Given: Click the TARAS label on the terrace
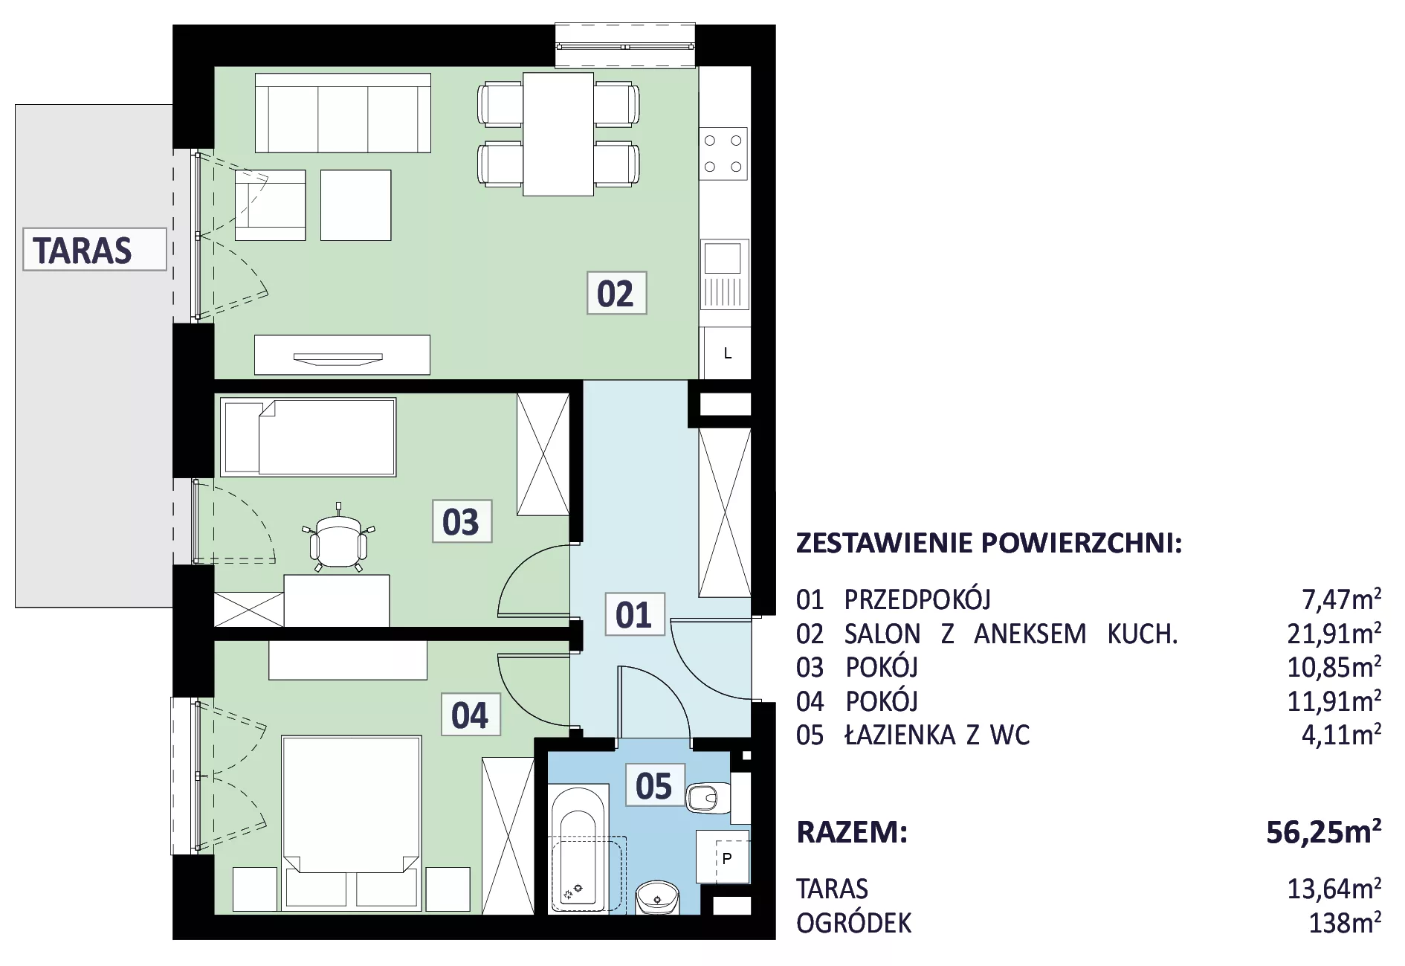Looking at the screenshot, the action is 94,249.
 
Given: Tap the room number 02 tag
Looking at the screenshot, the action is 616,293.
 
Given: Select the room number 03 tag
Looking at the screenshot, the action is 462,521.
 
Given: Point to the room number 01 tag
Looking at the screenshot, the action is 634,615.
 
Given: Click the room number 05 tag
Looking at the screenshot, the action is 654,785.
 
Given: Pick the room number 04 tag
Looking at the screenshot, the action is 471,715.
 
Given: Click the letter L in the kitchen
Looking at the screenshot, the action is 728,354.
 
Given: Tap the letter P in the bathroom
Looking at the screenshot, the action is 727,858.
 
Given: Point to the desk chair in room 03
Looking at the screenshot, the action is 339,539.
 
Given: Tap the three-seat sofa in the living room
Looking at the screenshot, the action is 343,113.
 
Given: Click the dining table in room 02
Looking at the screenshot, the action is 558,134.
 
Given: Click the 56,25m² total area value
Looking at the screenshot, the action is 1324,831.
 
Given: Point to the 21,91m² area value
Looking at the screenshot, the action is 1334,633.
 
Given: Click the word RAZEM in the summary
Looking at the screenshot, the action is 852,832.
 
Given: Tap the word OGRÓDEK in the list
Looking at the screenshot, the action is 854,922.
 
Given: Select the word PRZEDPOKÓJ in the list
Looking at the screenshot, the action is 917,599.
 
